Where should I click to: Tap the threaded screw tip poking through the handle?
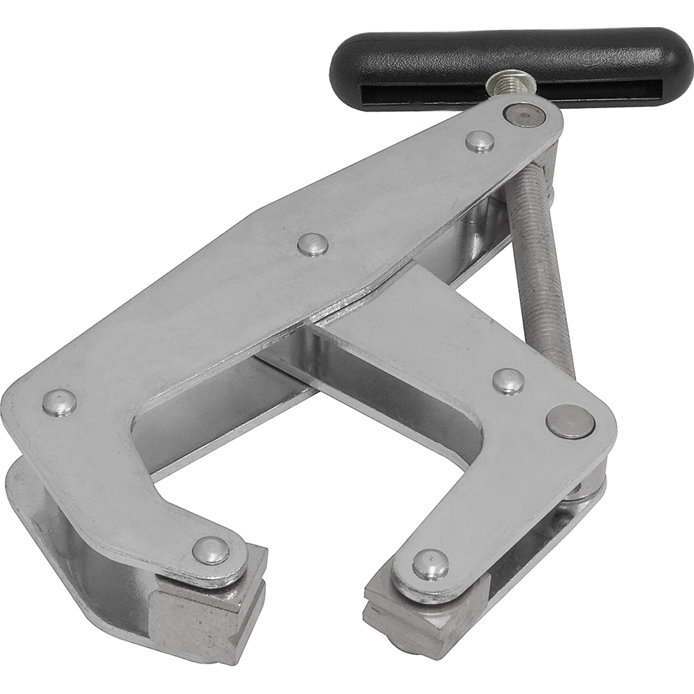(x=514, y=85)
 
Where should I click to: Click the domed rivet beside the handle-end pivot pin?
(x=480, y=141)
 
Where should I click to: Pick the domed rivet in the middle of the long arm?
(x=313, y=244)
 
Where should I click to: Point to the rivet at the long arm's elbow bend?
(x=59, y=403)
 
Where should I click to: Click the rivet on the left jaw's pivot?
(x=210, y=550)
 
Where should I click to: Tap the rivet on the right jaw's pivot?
(x=430, y=564)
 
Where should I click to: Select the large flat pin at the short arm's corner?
(x=570, y=421)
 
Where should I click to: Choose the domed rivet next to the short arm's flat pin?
(x=508, y=381)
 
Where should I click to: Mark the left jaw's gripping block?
(x=208, y=611)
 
